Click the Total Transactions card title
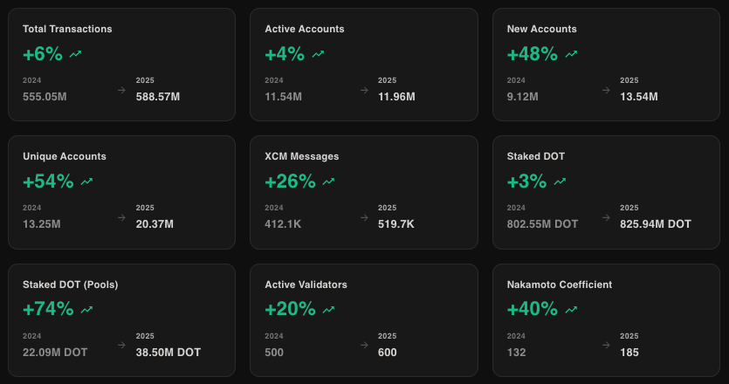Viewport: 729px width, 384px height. pos(67,29)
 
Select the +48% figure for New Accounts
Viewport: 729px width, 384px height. pos(532,54)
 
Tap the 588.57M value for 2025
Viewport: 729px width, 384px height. pos(158,96)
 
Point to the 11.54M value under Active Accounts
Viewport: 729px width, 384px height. pos(283,96)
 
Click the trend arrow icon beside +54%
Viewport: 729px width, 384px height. pos(86,182)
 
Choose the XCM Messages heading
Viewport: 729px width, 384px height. pos(301,156)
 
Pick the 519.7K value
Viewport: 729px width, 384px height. pos(395,224)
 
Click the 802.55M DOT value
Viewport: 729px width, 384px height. pos(542,224)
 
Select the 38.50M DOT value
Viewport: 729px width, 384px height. pos(168,353)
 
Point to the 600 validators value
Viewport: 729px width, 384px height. pos(387,353)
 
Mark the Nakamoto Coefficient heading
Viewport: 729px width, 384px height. pos(559,285)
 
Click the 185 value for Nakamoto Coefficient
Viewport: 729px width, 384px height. pos(629,353)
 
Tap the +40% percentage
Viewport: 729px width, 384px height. pos(532,309)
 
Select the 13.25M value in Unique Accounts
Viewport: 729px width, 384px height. pos(42,224)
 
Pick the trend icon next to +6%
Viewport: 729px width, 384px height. pos(76,54)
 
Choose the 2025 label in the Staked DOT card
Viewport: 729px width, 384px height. pos(629,208)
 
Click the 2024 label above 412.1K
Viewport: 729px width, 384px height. pos(273,208)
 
